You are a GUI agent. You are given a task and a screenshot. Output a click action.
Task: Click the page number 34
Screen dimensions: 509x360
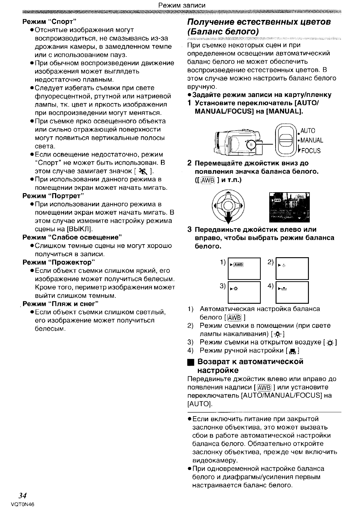point(22,495)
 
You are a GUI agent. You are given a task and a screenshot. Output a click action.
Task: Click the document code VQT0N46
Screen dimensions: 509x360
point(22,504)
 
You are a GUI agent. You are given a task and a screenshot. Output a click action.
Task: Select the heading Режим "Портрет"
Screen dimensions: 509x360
point(53,196)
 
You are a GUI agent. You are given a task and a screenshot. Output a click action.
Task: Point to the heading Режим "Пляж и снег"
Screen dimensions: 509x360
point(61,303)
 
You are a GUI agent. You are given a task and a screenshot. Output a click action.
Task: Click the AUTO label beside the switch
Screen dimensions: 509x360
point(308,131)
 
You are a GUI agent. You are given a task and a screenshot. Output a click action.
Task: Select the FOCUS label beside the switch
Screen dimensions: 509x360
point(310,150)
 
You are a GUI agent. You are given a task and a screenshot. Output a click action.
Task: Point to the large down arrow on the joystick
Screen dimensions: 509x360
point(228,216)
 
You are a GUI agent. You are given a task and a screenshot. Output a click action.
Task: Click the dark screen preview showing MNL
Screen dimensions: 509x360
point(289,207)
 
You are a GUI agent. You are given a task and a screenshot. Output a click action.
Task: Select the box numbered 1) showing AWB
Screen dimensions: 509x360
point(244,268)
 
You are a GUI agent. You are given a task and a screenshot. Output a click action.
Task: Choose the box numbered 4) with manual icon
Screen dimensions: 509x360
point(292,292)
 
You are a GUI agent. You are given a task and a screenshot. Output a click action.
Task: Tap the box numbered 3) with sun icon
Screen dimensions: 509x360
point(244,292)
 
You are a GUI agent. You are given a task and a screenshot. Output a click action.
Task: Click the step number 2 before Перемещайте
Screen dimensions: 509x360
point(189,164)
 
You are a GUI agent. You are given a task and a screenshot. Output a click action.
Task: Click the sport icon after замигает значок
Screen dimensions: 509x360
point(142,171)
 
